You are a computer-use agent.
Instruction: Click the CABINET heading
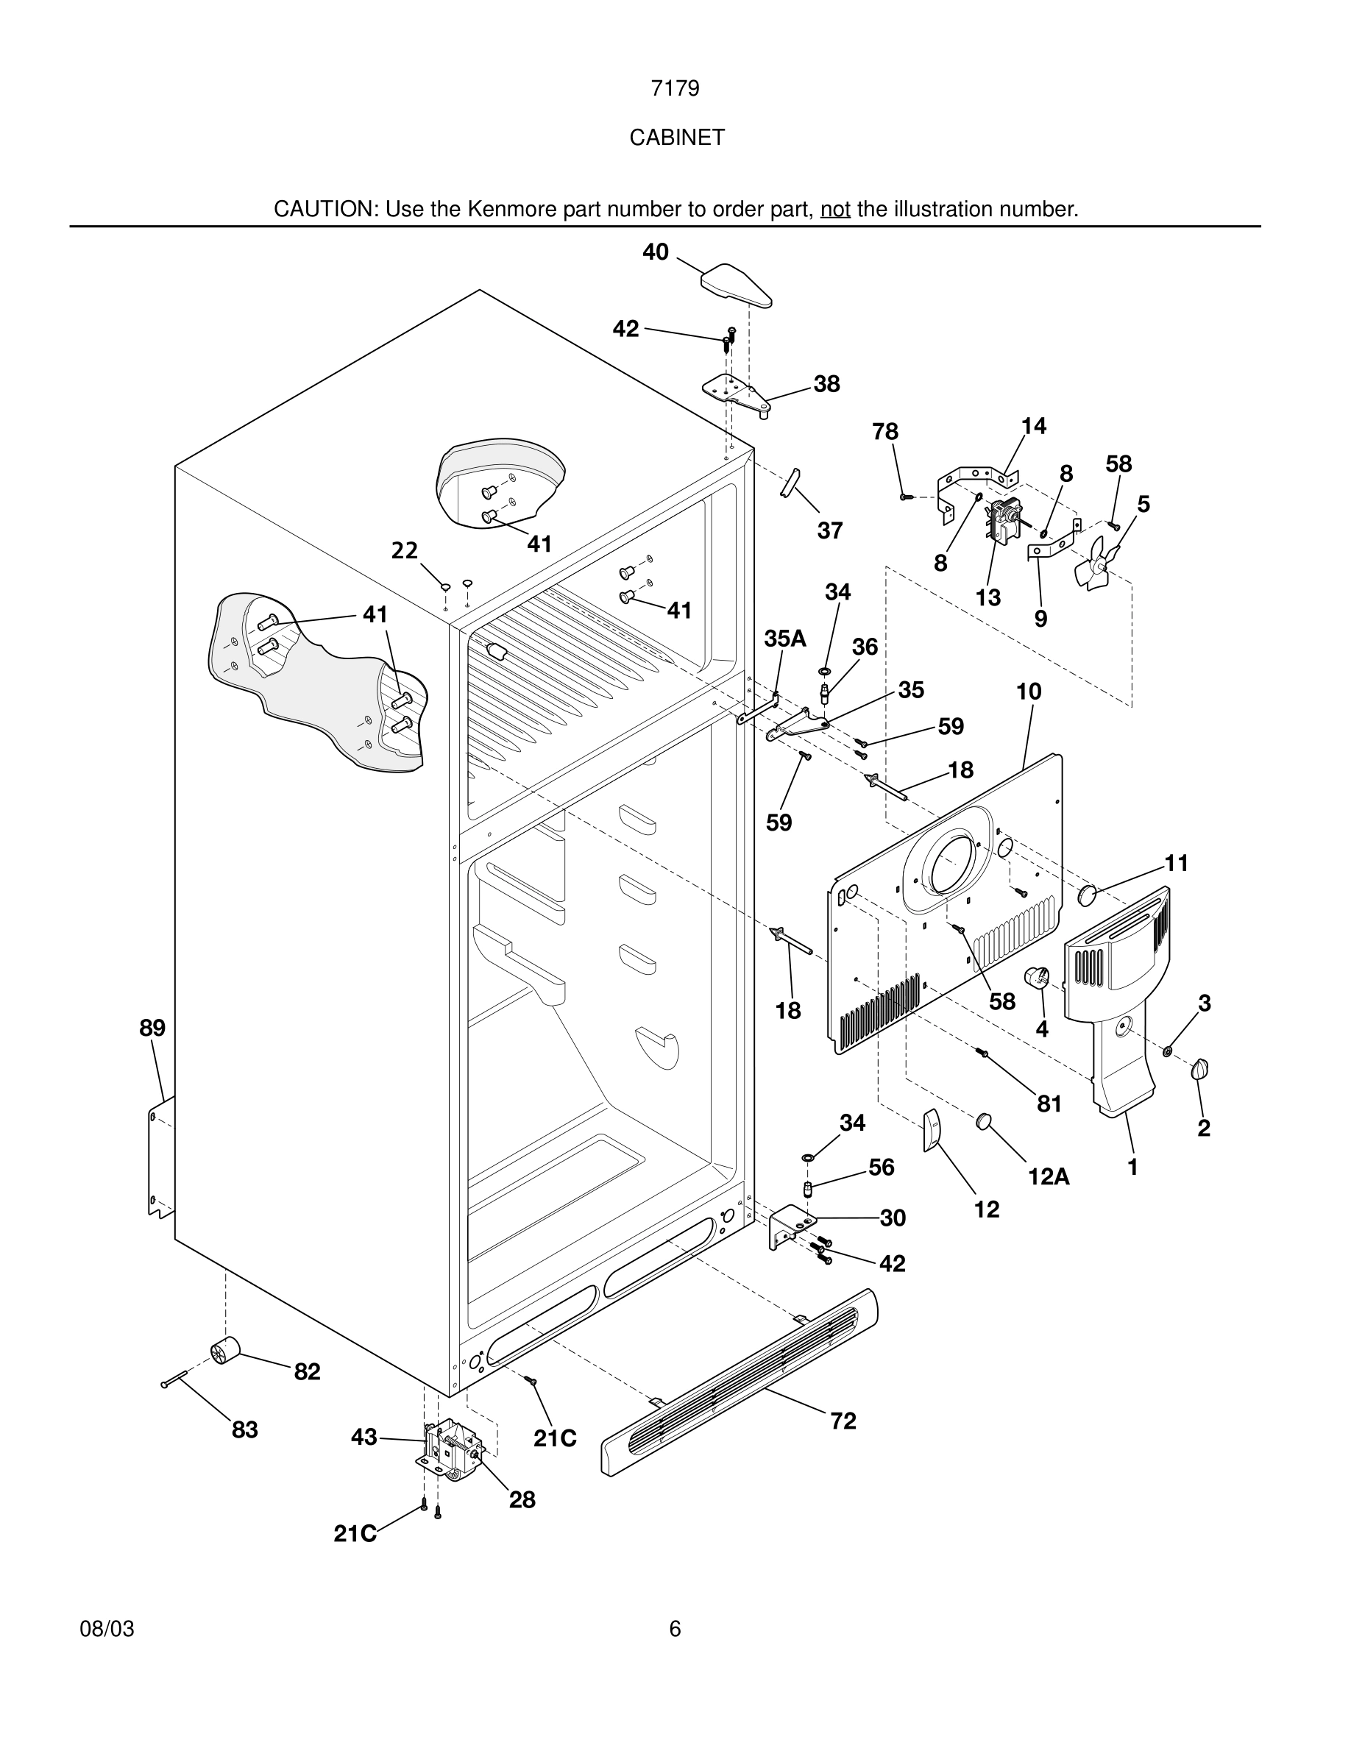click(676, 138)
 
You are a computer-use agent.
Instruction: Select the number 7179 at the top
click(675, 88)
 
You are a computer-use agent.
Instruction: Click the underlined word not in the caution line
click(834, 210)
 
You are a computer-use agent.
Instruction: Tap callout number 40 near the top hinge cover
click(656, 252)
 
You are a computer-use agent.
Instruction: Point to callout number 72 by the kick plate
click(843, 1421)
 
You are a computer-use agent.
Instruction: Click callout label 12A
click(1049, 1176)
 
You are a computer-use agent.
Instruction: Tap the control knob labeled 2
click(1199, 1069)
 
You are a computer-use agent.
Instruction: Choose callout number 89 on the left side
click(152, 1028)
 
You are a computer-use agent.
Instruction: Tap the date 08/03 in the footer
click(107, 1629)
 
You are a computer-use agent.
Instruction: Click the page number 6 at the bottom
click(675, 1629)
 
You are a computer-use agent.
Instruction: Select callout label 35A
click(784, 638)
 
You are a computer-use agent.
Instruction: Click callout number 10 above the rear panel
click(1029, 692)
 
